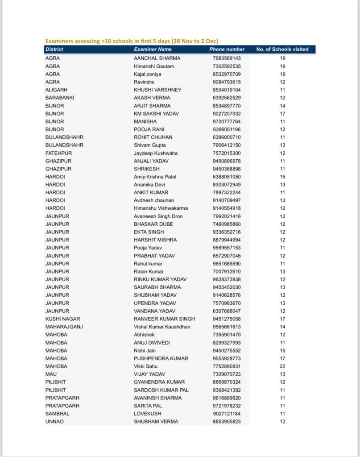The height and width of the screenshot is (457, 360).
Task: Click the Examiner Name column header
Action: tap(153, 50)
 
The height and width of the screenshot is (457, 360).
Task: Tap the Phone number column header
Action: tap(227, 50)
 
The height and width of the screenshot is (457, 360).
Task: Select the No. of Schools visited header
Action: tap(282, 50)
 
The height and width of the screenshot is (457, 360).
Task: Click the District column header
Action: tap(54, 50)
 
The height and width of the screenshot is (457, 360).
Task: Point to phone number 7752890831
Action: tap(227, 366)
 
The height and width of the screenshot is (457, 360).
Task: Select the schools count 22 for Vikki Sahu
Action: tap(282, 366)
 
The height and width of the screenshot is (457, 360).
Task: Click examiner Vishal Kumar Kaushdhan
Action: tap(162, 327)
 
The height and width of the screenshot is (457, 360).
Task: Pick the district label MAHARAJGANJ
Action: tap(64, 327)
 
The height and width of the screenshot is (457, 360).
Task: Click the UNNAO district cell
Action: tap(54, 422)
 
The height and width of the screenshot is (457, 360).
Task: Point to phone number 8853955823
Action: tap(227, 422)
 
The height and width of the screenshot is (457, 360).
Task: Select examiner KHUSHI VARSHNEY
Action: tap(157, 90)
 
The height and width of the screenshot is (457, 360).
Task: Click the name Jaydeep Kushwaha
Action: tap(156, 153)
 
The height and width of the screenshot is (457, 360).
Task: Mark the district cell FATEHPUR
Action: tap(58, 153)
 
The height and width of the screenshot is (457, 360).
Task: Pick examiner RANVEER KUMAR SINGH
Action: tap(164, 319)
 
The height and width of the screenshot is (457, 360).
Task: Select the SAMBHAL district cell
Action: tap(57, 414)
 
